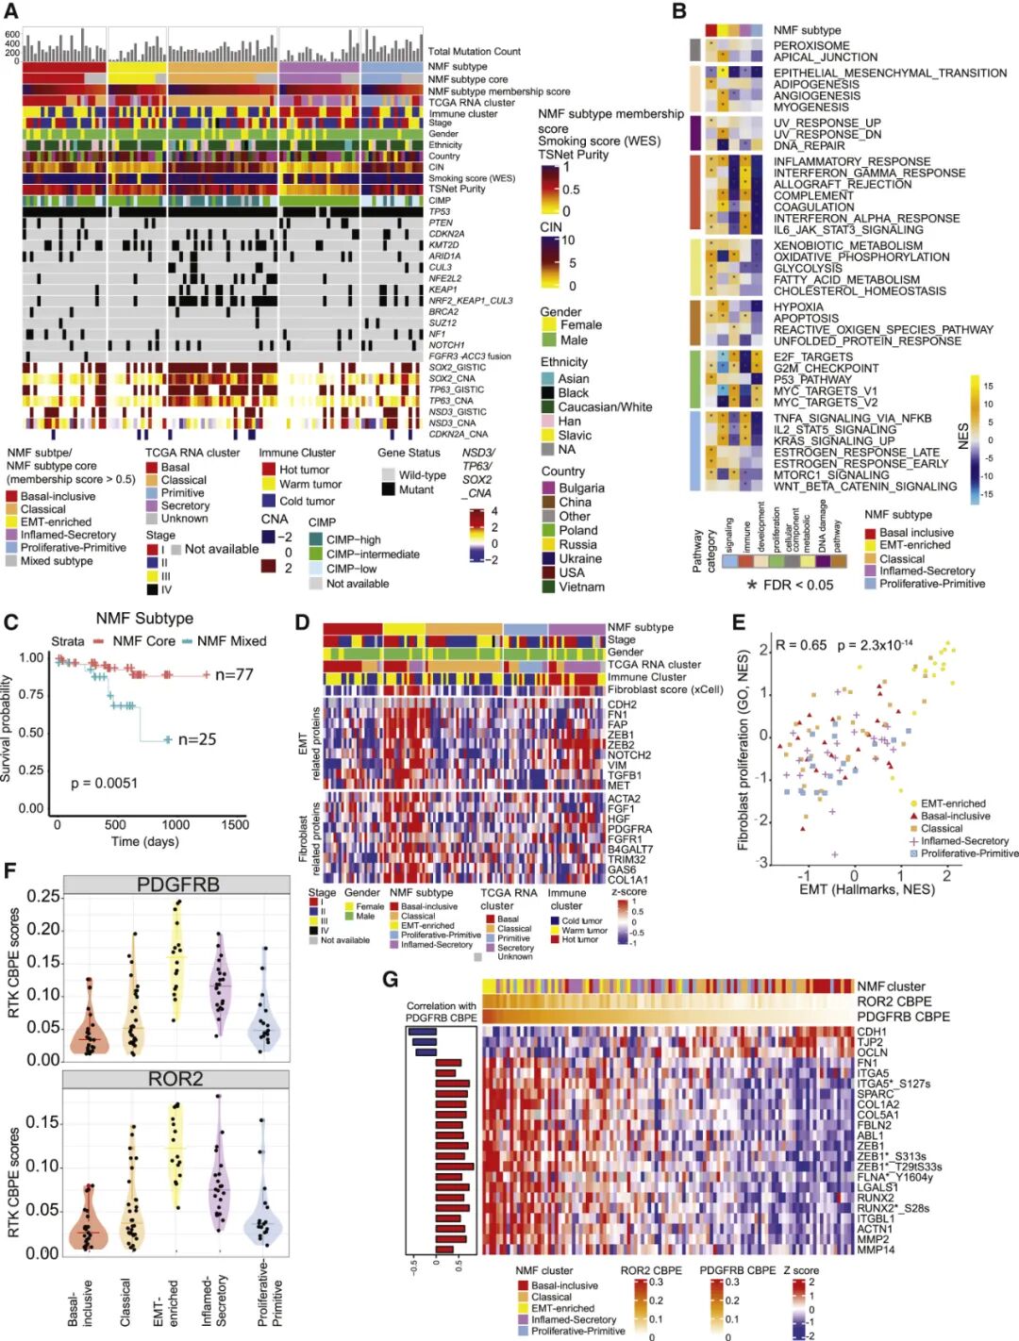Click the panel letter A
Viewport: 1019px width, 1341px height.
point(11,12)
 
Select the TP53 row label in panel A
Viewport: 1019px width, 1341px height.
point(440,212)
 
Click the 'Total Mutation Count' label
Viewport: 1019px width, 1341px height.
point(474,52)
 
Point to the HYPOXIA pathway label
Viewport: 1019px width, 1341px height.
point(798,306)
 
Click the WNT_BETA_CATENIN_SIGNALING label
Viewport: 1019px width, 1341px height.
point(864,487)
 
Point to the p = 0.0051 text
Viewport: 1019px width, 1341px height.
point(104,783)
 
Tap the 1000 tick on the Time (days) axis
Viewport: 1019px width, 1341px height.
point(175,824)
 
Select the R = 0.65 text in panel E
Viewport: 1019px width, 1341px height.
point(800,645)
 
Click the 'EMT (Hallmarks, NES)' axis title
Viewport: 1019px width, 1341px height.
point(866,889)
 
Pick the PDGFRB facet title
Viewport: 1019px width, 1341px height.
point(177,885)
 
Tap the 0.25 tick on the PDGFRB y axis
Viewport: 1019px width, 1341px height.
point(43,896)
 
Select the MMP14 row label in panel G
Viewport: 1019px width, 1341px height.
point(876,1250)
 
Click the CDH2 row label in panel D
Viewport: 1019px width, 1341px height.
point(622,704)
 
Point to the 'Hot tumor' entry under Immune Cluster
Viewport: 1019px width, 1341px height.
point(304,470)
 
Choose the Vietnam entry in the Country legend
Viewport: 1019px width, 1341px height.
point(581,587)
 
